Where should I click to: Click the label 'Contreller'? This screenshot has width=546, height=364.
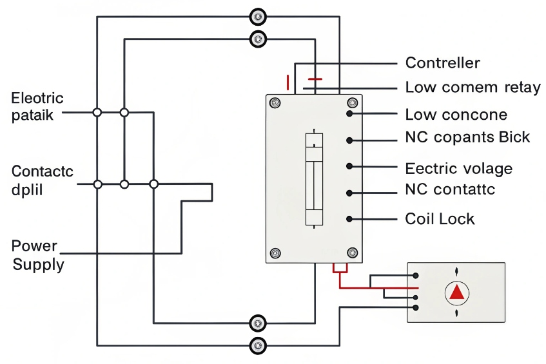(442, 62)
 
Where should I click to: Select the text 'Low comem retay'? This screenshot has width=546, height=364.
(473, 87)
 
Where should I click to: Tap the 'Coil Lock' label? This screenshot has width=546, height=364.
(440, 218)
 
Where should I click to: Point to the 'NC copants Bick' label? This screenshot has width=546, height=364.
(467, 137)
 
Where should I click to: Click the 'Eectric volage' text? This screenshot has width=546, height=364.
(458, 169)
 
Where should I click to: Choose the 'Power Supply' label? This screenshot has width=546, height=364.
(37, 255)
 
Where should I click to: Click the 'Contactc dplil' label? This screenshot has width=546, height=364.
(42, 180)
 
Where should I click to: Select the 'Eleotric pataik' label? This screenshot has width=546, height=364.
(37, 106)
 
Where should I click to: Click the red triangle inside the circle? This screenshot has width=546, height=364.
(457, 292)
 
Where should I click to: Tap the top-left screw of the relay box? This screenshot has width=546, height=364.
(275, 103)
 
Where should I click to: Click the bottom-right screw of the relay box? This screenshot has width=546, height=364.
(352, 252)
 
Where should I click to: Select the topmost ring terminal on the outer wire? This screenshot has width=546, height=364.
(258, 17)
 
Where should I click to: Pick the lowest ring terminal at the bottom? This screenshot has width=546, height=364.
(258, 345)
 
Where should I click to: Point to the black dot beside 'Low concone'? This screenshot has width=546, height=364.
(349, 113)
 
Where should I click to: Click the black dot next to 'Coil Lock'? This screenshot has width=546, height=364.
(349, 218)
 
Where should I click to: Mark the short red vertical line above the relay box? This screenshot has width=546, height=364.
(288, 82)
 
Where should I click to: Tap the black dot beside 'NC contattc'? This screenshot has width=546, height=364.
(349, 192)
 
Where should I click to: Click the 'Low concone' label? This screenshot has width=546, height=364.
(456, 115)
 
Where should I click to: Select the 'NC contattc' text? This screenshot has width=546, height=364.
(450, 189)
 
